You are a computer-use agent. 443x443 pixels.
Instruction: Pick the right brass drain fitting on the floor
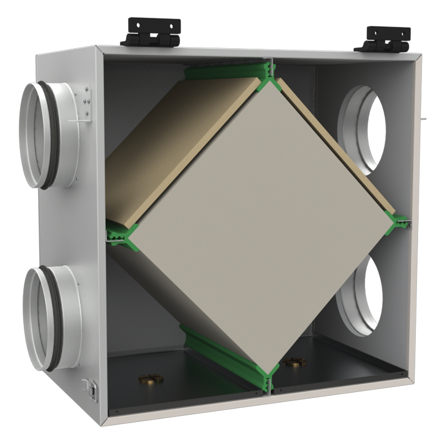point(293,363)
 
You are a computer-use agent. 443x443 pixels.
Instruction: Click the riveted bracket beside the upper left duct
point(83,102)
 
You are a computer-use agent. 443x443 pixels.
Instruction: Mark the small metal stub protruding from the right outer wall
point(423,119)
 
